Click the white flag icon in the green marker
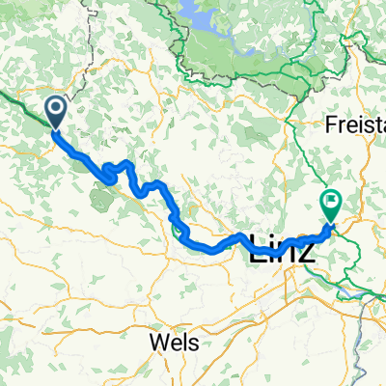click(x=331, y=202)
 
